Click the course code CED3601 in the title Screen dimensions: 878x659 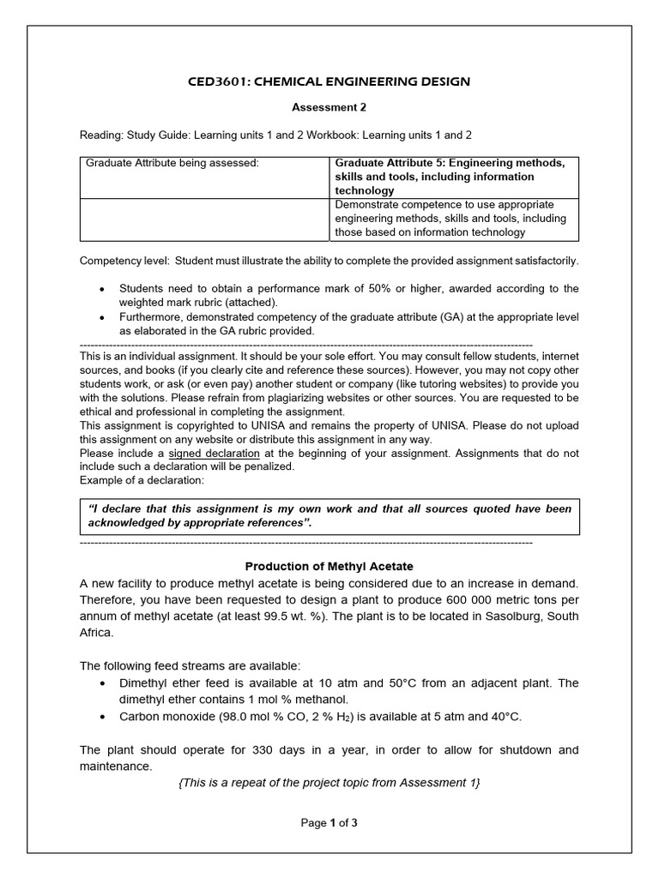point(221,81)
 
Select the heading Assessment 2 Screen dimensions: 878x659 point(329,109)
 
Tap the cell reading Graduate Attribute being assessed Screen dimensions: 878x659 point(172,163)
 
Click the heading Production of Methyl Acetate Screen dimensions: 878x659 point(329,566)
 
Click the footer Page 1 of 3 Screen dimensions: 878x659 point(329,823)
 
